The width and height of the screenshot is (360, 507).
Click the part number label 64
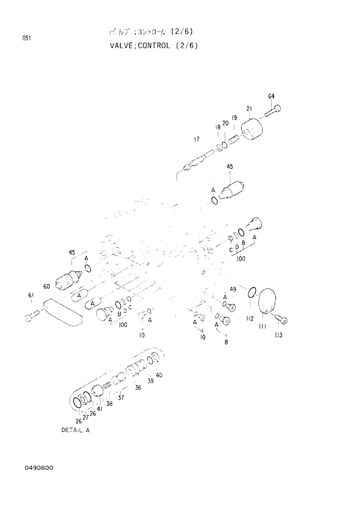271,96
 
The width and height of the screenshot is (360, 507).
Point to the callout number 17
197,139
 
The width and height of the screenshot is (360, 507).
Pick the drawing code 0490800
37,468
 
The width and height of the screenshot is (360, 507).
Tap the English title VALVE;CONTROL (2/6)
153,45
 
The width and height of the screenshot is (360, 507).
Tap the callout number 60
46,286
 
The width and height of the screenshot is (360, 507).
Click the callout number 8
226,342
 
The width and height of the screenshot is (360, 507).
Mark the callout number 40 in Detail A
159,375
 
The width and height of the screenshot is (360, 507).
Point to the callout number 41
100,409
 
